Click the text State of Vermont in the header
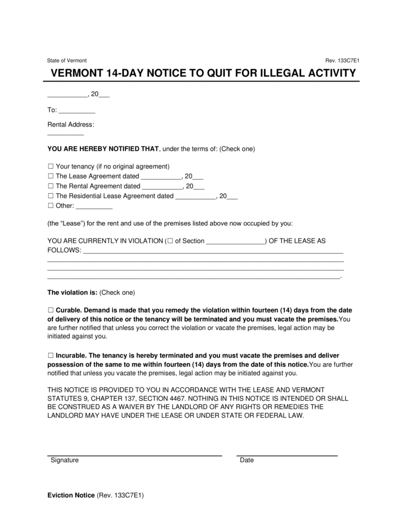pyautogui.click(x=67, y=60)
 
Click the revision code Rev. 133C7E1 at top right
pyautogui.click(x=342, y=60)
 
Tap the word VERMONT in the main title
pyautogui.click(x=78, y=74)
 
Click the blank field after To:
pyautogui.click(x=77, y=110)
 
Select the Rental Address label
pyautogui.click(x=71, y=124)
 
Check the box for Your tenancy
pyautogui.click(x=50, y=166)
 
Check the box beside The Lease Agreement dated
pyautogui.click(x=50, y=176)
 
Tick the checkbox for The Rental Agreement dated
pyautogui.click(x=50, y=186)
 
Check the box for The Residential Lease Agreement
pyautogui.click(x=50, y=196)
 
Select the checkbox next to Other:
pyautogui.click(x=50, y=206)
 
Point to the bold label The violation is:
pyautogui.click(x=72, y=292)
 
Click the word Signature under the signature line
pyautogui.click(x=65, y=460)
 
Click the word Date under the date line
pyautogui.click(x=247, y=460)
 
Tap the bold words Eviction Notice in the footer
pyautogui.click(x=71, y=495)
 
